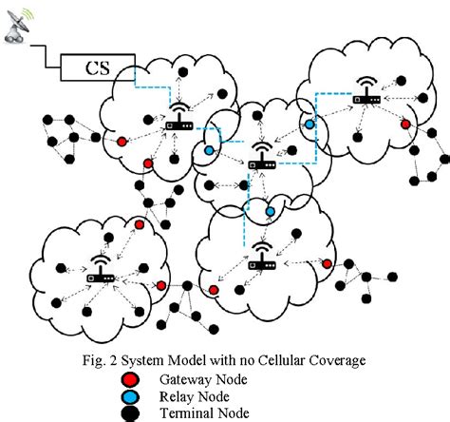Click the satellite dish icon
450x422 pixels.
(x=17, y=21)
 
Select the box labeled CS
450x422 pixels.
(x=96, y=69)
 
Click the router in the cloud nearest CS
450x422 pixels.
(x=178, y=121)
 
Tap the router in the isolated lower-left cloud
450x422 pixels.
(x=101, y=271)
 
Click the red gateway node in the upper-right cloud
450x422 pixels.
(x=405, y=124)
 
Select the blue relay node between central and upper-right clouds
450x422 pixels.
(x=309, y=125)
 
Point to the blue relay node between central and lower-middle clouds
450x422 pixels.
(x=271, y=210)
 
